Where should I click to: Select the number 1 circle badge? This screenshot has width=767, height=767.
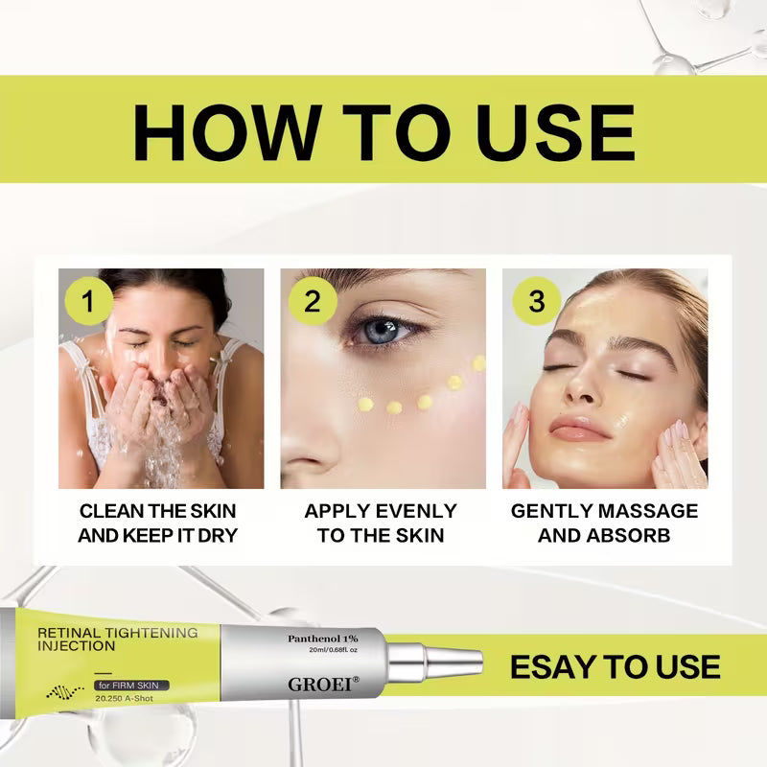(x=89, y=301)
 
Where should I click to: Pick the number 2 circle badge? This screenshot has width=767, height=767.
(x=313, y=301)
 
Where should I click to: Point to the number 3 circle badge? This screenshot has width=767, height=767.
(x=536, y=301)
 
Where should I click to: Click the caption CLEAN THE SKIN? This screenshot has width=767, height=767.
(x=158, y=511)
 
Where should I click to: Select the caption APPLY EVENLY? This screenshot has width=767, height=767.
(x=381, y=511)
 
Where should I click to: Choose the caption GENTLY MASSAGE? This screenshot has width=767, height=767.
(x=604, y=511)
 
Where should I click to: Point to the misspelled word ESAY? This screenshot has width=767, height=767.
(x=552, y=667)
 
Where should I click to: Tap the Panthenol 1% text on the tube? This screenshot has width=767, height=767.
(x=323, y=638)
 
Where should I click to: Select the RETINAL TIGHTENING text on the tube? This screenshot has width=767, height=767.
(x=117, y=633)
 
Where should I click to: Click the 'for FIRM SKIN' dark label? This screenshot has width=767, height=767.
(x=131, y=685)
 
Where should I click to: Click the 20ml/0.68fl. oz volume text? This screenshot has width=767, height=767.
(x=323, y=651)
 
